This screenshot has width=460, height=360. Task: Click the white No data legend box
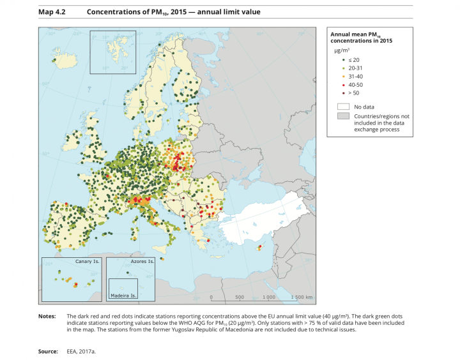pyautogui.click(x=343, y=107)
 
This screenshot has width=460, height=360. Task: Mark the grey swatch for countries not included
pyautogui.click(x=343, y=116)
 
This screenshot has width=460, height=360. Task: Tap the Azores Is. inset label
pyautogui.click(x=142, y=262)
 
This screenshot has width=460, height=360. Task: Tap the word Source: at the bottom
pyautogui.click(x=49, y=351)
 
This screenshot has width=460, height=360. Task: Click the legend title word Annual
pyautogui.click(x=341, y=34)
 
